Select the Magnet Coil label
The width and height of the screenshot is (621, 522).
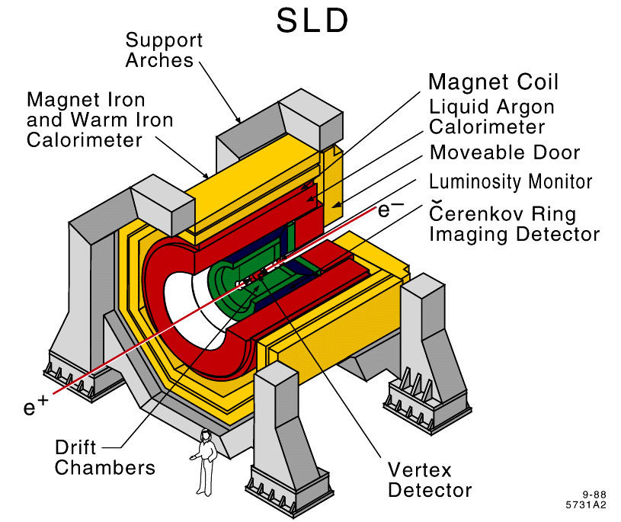[493, 82]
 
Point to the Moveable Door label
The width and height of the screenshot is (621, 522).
[504, 152]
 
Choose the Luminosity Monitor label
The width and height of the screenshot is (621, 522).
[511, 182]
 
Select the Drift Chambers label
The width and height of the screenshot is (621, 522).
[104, 456]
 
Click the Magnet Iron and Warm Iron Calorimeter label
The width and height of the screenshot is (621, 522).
[99, 120]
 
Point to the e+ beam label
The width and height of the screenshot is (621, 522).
[31, 408]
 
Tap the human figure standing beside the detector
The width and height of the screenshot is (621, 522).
[203, 462]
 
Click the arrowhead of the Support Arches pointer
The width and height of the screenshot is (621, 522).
[239, 121]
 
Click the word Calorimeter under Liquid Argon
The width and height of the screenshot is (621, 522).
[487, 126]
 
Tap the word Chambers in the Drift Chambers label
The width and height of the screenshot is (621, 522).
[104, 466]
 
